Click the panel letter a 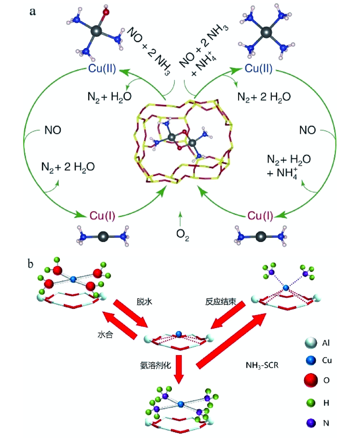click(x=32, y=11)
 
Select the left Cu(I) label click(x=103, y=216)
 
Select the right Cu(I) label click(x=257, y=216)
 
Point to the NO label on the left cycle click(x=52, y=131)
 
